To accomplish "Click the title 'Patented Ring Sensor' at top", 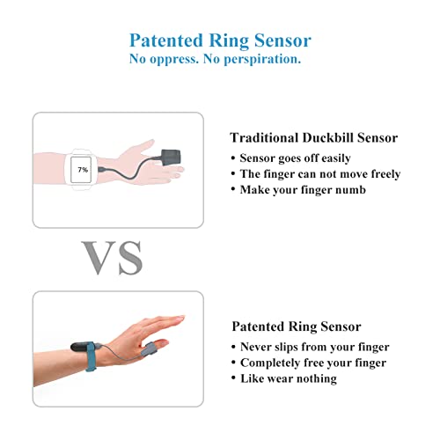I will tap(220, 40).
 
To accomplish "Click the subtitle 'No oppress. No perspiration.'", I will tap(220, 59).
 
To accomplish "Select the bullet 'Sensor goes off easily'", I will tap(295, 158).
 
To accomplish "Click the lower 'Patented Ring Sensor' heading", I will tap(296, 326).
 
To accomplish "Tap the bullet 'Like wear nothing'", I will tap(283, 378).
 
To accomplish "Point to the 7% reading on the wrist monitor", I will tap(83, 168).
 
